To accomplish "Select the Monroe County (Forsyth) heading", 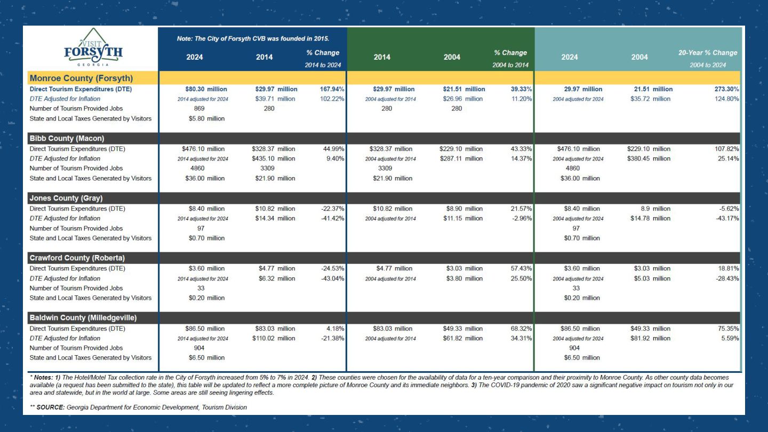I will click(81, 78).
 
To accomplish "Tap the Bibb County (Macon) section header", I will click(67, 139).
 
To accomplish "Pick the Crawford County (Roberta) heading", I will click(77, 258).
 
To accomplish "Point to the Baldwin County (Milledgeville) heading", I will click(83, 318).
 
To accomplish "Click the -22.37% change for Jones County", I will click(330, 209).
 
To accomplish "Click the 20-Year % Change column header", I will click(708, 53).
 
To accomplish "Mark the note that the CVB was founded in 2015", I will click(253, 38).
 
